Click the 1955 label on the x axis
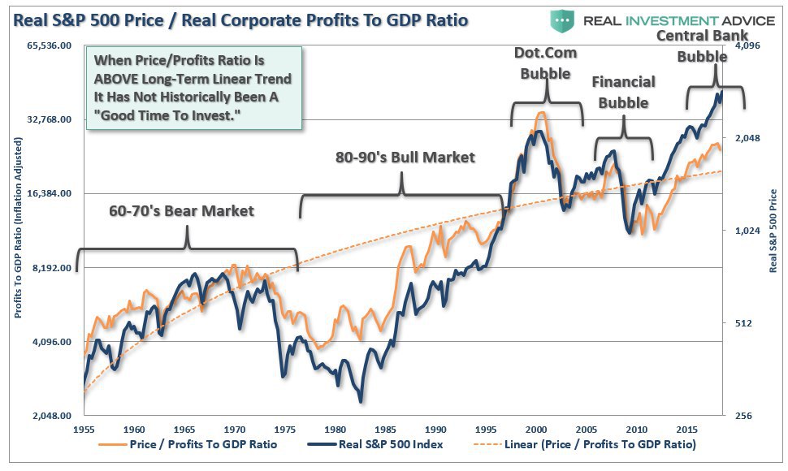click(85, 429)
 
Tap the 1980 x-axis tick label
click(336, 429)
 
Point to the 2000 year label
click(536, 429)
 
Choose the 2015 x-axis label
click(686, 429)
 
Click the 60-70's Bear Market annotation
click(182, 211)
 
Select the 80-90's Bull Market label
click(405, 157)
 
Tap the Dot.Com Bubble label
click(545, 63)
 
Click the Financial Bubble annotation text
click(623, 93)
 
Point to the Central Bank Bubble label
click(703, 46)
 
